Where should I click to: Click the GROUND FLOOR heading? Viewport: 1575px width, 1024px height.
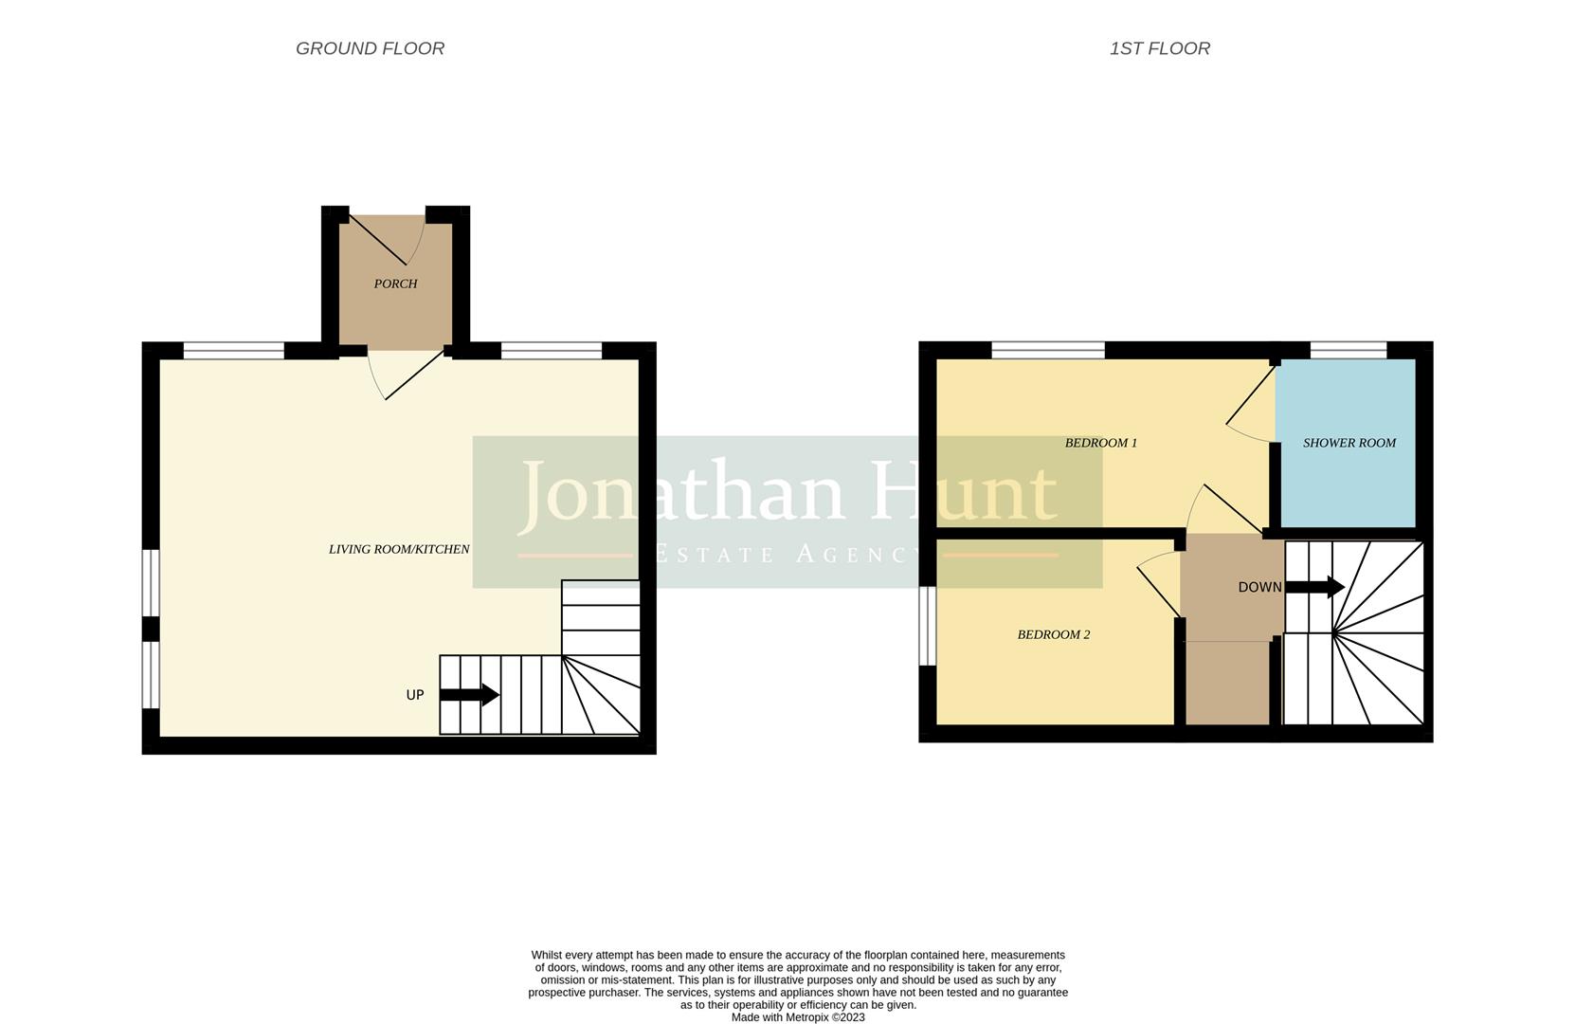[370, 48]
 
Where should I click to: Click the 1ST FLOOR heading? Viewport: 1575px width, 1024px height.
[1159, 48]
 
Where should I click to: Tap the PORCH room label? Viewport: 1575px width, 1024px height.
[395, 283]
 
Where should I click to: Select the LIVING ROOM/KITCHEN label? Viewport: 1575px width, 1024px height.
[399, 549]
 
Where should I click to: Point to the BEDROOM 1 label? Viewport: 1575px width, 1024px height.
[1100, 443]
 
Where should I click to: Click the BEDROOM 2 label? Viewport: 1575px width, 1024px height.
[1053, 634]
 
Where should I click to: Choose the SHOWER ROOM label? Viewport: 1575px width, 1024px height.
[1349, 443]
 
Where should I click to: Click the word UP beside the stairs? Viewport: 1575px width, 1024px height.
[415, 695]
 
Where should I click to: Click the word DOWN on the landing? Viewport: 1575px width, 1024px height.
[1259, 587]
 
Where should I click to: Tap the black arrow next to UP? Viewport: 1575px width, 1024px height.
[469, 695]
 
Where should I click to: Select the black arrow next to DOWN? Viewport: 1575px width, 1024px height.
[1314, 587]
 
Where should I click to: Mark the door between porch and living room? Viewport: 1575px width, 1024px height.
[412, 375]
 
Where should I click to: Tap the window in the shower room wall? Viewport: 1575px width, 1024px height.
[1349, 351]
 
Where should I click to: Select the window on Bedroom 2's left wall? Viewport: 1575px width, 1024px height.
[928, 626]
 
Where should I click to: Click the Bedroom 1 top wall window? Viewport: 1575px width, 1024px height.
[1048, 351]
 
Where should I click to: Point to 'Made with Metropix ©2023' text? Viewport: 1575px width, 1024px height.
[798, 1017]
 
